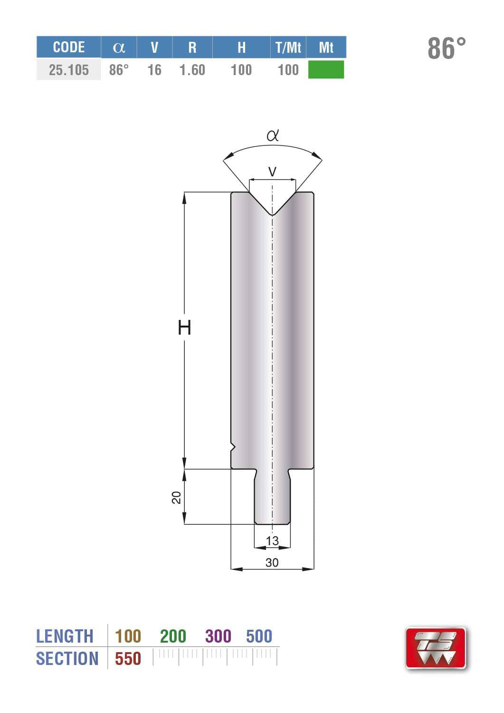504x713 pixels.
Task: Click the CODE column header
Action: tap(69, 47)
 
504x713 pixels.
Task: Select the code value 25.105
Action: tap(69, 70)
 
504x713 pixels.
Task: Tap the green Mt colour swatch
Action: tap(326, 69)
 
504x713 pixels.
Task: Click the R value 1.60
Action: tap(192, 70)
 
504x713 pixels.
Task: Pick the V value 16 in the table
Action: tap(154, 70)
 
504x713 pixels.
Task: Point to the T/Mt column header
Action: tap(288, 47)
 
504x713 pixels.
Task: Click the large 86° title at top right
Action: tap(447, 48)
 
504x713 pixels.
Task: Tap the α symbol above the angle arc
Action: tap(273, 135)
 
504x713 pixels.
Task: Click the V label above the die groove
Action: tap(272, 172)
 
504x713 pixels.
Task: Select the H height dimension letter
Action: tap(184, 328)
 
